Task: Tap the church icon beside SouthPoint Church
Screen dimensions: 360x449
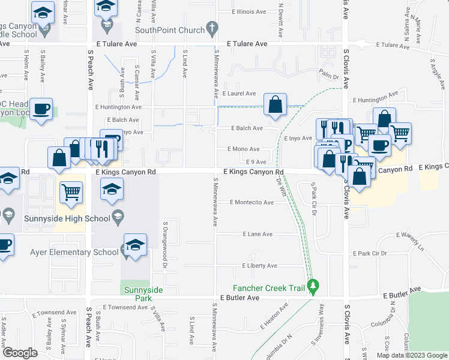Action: click(211, 28)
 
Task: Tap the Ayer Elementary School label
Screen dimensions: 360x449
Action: click(74, 252)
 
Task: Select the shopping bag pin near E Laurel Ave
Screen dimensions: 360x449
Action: click(274, 104)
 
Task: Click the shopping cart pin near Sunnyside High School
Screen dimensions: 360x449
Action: click(71, 192)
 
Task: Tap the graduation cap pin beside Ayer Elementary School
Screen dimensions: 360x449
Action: click(135, 245)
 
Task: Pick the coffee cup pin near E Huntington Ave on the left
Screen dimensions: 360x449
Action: click(41, 109)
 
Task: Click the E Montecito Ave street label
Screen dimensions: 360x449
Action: click(252, 202)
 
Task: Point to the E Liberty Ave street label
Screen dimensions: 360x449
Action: click(259, 266)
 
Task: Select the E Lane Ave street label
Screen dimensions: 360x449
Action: click(257, 234)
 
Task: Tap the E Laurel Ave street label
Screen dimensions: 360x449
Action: click(239, 94)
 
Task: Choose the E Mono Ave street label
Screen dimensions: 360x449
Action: click(243, 149)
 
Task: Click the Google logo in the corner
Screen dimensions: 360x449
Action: click(20, 353)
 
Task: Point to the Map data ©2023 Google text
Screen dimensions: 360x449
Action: click(411, 355)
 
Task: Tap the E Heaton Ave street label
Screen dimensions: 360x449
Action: click(274, 317)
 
